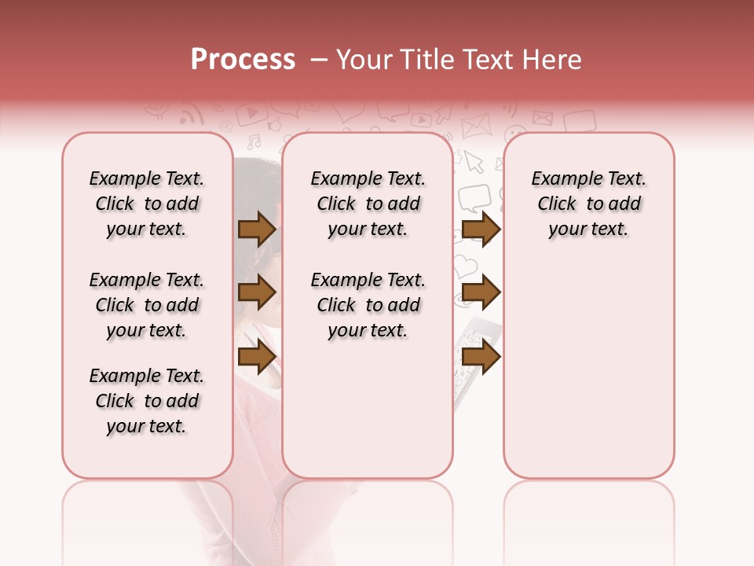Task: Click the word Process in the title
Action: coord(243,59)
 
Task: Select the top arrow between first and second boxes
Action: coord(257,229)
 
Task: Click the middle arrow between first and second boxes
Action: coord(257,293)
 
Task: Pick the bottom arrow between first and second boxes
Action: coord(257,358)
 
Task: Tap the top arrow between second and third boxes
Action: coord(481,229)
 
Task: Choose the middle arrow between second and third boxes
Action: coord(481,293)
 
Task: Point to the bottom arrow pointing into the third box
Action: coord(481,358)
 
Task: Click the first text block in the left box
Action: coord(147,204)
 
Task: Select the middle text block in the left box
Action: coord(147,305)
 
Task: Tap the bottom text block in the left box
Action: coord(147,401)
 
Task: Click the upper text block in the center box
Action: coord(368,204)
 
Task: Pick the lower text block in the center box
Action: coord(368,305)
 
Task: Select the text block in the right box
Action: coord(588,204)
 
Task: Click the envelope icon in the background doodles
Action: coord(474,126)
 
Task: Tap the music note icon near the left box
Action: coord(254,142)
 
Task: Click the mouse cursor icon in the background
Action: coord(473,161)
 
